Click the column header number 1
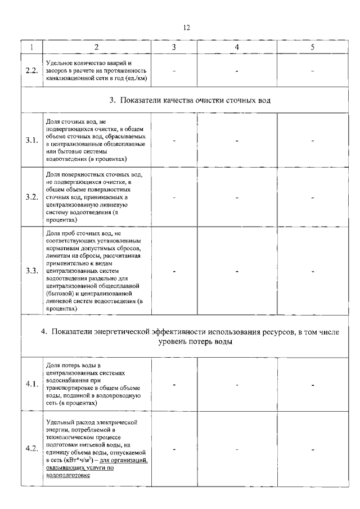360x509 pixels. [x=31, y=47]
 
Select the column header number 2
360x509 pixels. [x=97, y=47]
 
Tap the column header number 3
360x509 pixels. [x=174, y=47]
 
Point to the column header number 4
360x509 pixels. [x=237, y=47]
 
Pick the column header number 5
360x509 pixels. [x=312, y=47]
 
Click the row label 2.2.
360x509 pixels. [x=31, y=71]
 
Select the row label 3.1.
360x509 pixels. [x=31, y=140]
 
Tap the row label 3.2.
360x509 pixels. [x=31, y=197]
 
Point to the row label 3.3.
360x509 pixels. [x=31, y=271]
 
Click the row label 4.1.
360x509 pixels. [x=31, y=385]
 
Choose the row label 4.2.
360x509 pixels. [x=31, y=448]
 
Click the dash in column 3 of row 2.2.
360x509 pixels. [x=174, y=71]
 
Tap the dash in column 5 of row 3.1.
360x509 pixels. [x=312, y=141]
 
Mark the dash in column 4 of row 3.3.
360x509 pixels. [x=237, y=271]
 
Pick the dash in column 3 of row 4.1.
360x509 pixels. [x=174, y=385]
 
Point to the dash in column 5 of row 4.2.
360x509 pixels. [x=312, y=449]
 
